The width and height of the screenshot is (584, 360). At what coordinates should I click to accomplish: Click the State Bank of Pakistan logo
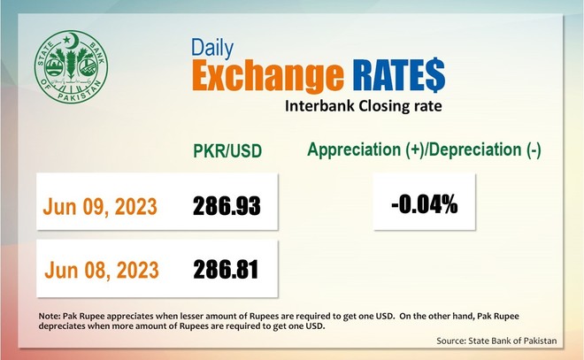71,67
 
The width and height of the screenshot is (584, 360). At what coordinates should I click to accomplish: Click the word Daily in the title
212,48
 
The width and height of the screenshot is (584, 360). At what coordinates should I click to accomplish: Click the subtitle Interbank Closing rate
364,106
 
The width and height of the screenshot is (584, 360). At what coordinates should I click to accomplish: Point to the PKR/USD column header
227,150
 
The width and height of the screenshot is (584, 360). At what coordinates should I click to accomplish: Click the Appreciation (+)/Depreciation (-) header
424,149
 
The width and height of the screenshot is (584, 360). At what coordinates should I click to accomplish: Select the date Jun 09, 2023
100,207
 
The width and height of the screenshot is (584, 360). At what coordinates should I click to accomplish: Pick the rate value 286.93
227,206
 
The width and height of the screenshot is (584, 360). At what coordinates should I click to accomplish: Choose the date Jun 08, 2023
102,270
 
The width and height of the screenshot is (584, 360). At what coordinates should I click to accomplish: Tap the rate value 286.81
226,270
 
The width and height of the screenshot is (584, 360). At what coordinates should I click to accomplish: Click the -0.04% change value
424,204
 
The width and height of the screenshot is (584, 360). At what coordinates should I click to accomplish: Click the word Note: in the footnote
50,316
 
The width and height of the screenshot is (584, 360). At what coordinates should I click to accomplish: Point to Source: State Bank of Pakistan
496,341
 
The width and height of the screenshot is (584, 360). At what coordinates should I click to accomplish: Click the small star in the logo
66,39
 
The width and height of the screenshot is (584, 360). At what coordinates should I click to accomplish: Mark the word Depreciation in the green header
478,149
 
